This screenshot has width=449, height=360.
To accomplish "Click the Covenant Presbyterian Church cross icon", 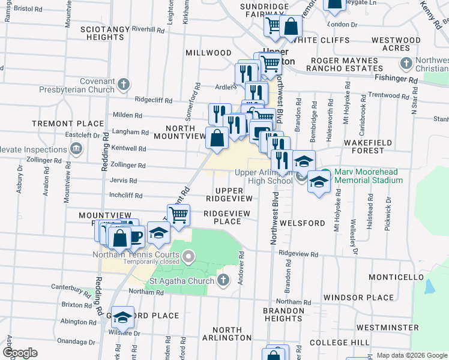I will (124, 83).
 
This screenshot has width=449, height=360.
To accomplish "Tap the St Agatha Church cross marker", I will (223, 280).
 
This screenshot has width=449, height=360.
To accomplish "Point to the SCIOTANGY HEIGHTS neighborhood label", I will (105, 33).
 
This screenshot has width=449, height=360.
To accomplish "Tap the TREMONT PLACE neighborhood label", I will (61, 123).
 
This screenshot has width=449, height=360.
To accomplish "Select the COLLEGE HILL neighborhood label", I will (340, 343).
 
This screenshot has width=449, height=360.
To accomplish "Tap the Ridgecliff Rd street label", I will (154, 100).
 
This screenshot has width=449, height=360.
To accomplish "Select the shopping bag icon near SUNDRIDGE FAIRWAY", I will (291, 26).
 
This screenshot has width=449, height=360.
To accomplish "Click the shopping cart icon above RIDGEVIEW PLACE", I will (178, 214).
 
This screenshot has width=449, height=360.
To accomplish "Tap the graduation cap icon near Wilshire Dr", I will (123, 317).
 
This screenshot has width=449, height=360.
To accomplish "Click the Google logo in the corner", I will (20, 352).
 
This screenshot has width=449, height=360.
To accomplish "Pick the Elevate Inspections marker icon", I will (76, 149).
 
